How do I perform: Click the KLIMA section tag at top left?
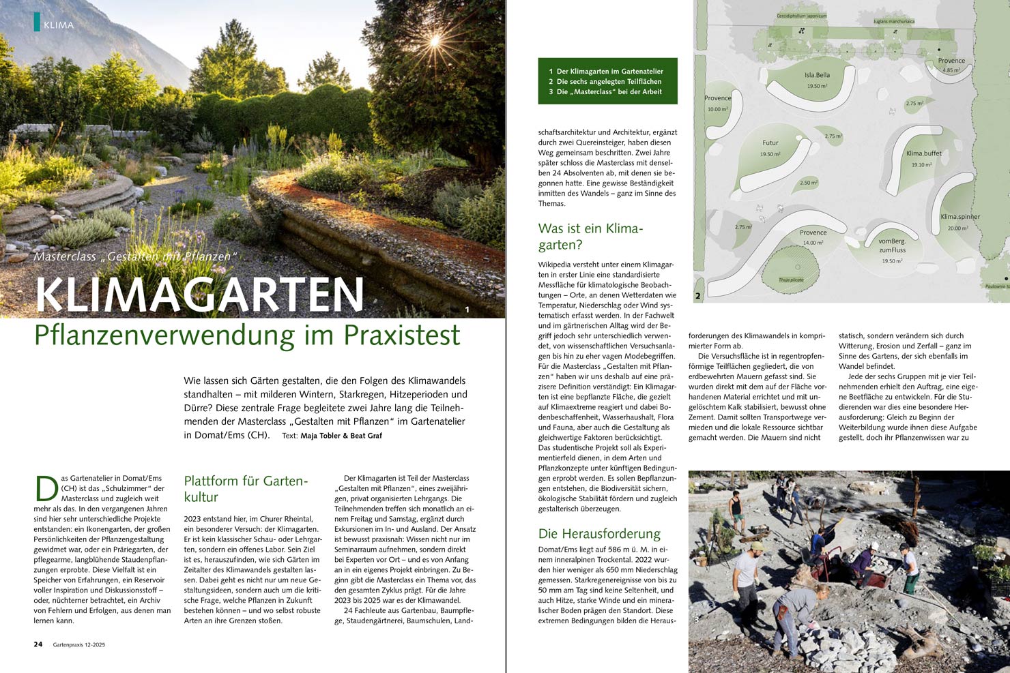coord(57,25)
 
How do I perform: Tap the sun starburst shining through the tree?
coord(434,42)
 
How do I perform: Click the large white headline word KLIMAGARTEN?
coord(200,295)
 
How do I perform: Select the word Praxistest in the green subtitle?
coord(402,335)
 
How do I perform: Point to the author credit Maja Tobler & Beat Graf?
coord(341,436)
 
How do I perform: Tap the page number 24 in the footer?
coord(38,644)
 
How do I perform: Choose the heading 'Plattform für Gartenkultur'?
coord(246,489)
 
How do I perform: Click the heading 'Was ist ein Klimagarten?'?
coord(590,237)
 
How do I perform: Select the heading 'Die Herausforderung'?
coord(599,533)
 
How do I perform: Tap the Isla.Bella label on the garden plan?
coord(817,75)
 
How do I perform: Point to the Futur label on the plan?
coord(770,143)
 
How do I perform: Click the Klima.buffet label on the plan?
coord(923,153)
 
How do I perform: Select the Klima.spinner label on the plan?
coord(959,217)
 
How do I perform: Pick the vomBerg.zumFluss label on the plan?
coord(892,245)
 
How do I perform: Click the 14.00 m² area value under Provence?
coord(813,243)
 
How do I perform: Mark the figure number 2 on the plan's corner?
coord(697,296)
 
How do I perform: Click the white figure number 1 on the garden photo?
coord(467,310)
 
